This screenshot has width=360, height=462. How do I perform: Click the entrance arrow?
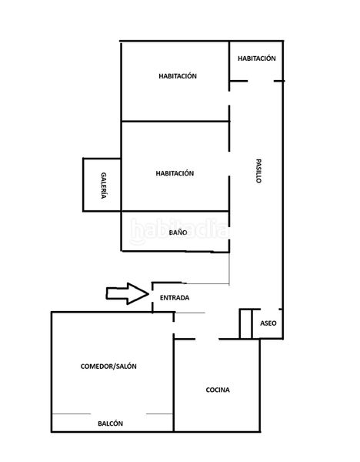tap(127, 294)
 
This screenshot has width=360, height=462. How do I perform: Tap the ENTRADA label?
tap(175, 298)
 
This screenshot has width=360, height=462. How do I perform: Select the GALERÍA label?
tap(104, 186)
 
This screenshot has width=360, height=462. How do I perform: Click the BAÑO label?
tap(178, 233)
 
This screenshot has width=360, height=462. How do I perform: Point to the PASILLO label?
tap(258, 171)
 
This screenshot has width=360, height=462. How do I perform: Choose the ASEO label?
tap(268, 323)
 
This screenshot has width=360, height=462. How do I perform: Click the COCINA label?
tap(218, 390)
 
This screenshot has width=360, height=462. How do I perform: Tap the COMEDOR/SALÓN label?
tap(108, 367)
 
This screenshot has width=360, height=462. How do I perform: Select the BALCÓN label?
tap(110, 423)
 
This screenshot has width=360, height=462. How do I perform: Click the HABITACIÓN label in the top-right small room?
tap(257, 59)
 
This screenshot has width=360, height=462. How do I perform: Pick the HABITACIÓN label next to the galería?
tap(175, 173)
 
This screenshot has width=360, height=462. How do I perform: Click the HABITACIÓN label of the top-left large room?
tap(178, 76)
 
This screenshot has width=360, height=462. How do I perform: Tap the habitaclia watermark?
tap(179, 231)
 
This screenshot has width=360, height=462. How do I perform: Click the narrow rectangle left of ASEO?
tap(246, 324)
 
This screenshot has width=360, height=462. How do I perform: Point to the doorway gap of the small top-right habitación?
tap(261, 81)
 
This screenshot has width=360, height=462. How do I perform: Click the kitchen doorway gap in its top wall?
tap(207, 339)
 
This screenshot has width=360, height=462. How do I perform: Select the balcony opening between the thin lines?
tap(118, 414)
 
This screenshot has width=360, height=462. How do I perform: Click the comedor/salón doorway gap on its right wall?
tap(174, 328)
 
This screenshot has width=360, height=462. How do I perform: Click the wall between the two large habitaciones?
tap(175, 121)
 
